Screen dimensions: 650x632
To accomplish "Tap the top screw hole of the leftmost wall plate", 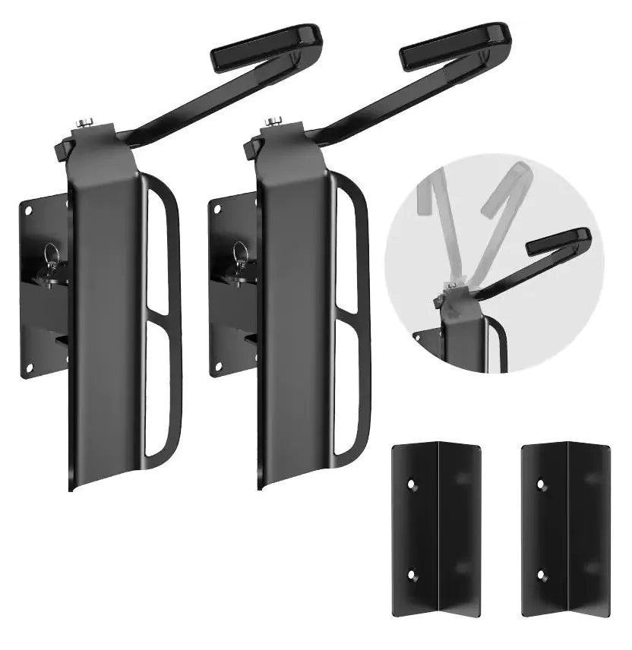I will pos(29,212).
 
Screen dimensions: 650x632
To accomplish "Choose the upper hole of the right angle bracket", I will pos(541,483).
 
